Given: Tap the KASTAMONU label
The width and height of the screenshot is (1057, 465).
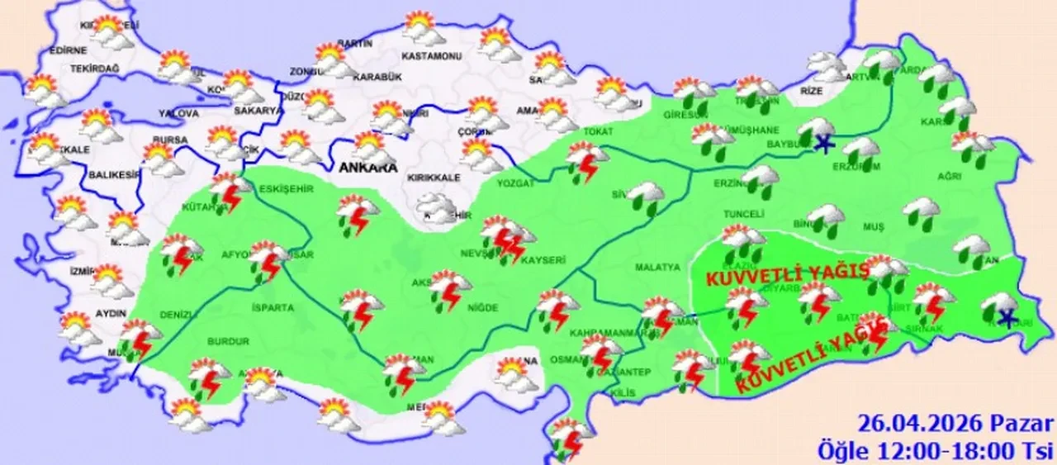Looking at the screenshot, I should coord(430,56).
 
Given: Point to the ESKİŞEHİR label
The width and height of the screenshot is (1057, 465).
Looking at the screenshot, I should coord(286,188).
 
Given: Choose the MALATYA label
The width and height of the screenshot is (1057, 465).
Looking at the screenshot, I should coord(658,267).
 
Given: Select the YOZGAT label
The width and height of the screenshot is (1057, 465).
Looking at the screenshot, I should coord(515,185).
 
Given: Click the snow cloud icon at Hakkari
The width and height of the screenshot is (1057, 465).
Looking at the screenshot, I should coord(1000,308).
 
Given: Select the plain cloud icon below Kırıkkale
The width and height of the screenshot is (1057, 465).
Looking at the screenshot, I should coord(436,205).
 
